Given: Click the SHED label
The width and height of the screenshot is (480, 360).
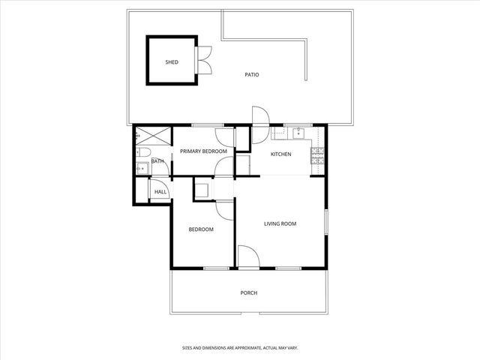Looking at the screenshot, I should (172, 62).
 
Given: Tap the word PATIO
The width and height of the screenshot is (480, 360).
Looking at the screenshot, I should (252, 74).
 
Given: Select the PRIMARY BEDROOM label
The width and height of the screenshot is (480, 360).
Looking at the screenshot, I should (202, 151).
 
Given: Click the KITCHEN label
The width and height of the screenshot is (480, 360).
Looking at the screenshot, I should (280, 154).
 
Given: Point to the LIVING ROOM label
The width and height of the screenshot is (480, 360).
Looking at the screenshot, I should (280, 223).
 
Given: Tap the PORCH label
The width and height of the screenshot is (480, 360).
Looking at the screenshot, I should (249, 292).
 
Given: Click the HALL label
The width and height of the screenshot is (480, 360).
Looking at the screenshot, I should (160, 192).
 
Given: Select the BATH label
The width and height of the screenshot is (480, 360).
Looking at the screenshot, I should (157, 161).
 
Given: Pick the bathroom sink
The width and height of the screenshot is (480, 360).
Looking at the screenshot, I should (140, 168).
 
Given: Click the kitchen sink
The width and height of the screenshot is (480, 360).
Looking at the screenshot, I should (298, 134).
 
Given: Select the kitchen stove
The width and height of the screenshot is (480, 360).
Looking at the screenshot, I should (317, 156).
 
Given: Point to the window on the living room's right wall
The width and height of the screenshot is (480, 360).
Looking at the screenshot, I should (327, 223).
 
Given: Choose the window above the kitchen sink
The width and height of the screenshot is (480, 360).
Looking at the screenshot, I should (298, 124).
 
